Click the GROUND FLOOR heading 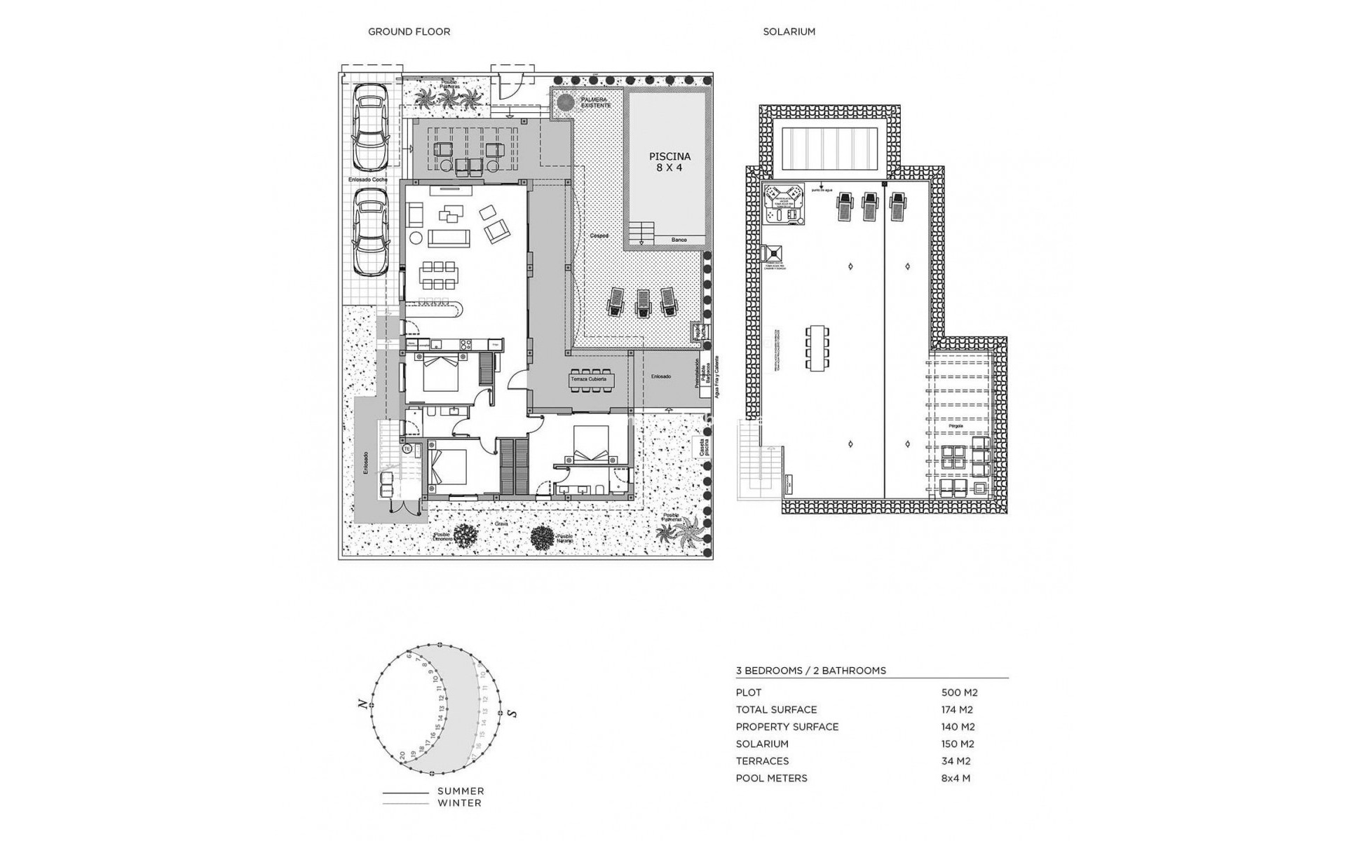point(409,32)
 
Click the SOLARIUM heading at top point(789,32)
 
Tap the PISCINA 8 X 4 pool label point(669,162)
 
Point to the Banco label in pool point(679,240)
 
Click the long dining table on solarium point(817,348)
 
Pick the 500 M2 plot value point(959,692)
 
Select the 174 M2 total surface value point(957,709)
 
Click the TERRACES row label point(762,761)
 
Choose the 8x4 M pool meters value point(956,778)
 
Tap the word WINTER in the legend point(459,803)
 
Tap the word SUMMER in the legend point(461,791)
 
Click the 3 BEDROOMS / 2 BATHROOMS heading point(810,671)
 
